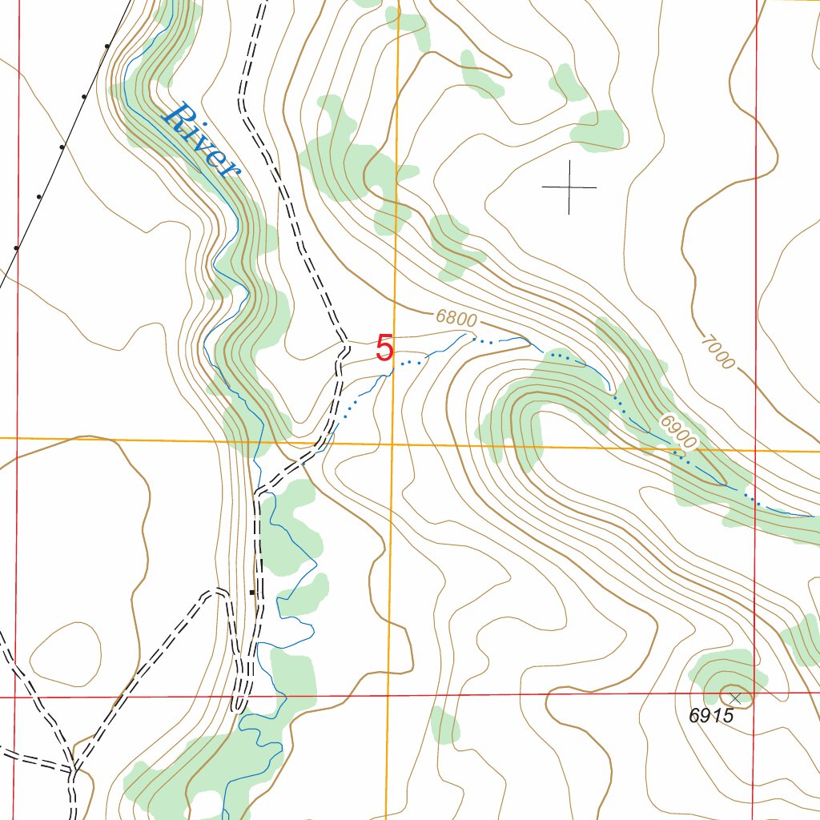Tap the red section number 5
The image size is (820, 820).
click(384, 348)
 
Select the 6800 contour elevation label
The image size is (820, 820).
click(457, 318)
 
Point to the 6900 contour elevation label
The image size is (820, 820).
click(678, 432)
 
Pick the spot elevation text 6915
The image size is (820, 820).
click(711, 716)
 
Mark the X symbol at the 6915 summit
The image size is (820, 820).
click(735, 698)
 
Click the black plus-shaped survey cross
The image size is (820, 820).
click(569, 187)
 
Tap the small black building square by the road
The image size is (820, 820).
click(252, 593)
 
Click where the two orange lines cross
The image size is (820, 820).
click(392, 443)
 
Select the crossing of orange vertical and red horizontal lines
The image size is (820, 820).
click(388, 696)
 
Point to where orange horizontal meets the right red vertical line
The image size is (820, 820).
click(755, 450)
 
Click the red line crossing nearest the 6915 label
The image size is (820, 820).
click(755, 693)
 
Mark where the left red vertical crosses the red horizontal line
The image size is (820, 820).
click(15, 697)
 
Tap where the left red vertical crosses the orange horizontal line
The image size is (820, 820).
click(17, 438)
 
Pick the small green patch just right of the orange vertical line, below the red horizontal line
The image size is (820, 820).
click(444, 726)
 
